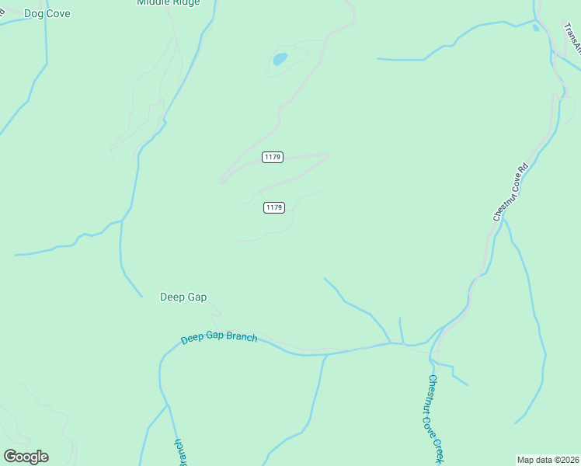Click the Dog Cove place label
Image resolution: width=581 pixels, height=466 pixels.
[x=47, y=13]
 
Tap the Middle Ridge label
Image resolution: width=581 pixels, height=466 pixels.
[x=168, y=2]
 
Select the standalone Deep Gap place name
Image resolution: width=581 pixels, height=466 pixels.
[x=183, y=297]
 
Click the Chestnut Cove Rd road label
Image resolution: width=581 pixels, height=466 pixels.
[x=510, y=192]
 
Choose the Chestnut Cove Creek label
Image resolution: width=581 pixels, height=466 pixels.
[x=435, y=419]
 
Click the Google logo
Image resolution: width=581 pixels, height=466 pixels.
[x=26, y=457]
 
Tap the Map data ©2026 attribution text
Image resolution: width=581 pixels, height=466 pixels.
[x=548, y=459]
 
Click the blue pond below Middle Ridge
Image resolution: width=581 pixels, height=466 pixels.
[x=280, y=59]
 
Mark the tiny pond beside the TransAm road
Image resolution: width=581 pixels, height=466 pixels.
[x=536, y=29]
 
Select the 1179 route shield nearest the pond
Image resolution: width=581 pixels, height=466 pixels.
[x=273, y=158]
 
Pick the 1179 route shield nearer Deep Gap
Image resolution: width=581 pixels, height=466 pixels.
[x=273, y=207]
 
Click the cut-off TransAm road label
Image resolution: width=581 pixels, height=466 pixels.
[x=572, y=39]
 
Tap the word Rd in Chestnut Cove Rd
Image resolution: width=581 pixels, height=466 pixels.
[x=522, y=168]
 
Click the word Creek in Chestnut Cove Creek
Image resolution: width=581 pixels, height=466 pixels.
[x=440, y=447]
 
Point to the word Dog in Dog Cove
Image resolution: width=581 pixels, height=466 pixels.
[x=34, y=13]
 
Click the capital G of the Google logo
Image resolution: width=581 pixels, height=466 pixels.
[x=9, y=457]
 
